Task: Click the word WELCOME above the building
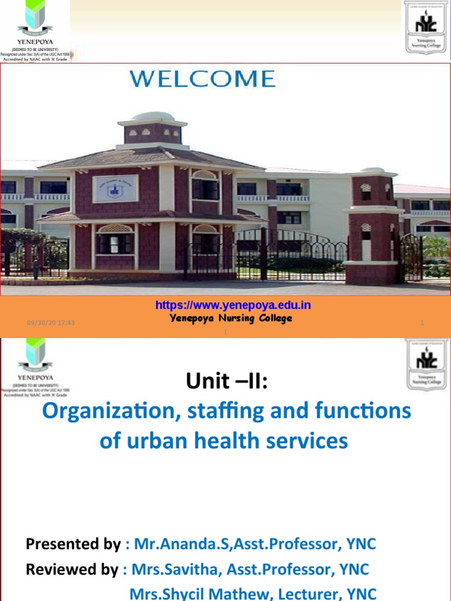pos(202,79)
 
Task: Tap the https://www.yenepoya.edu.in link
pos(233,305)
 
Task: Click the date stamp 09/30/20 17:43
pos(51,323)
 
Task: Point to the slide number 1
pos(422,323)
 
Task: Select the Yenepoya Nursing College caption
pos(231,319)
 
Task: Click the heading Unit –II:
pos(227,381)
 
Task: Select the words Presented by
pos(73,544)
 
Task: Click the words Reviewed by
pos(72,569)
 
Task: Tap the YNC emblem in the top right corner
pos(425,26)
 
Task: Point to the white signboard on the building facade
pos(116,188)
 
